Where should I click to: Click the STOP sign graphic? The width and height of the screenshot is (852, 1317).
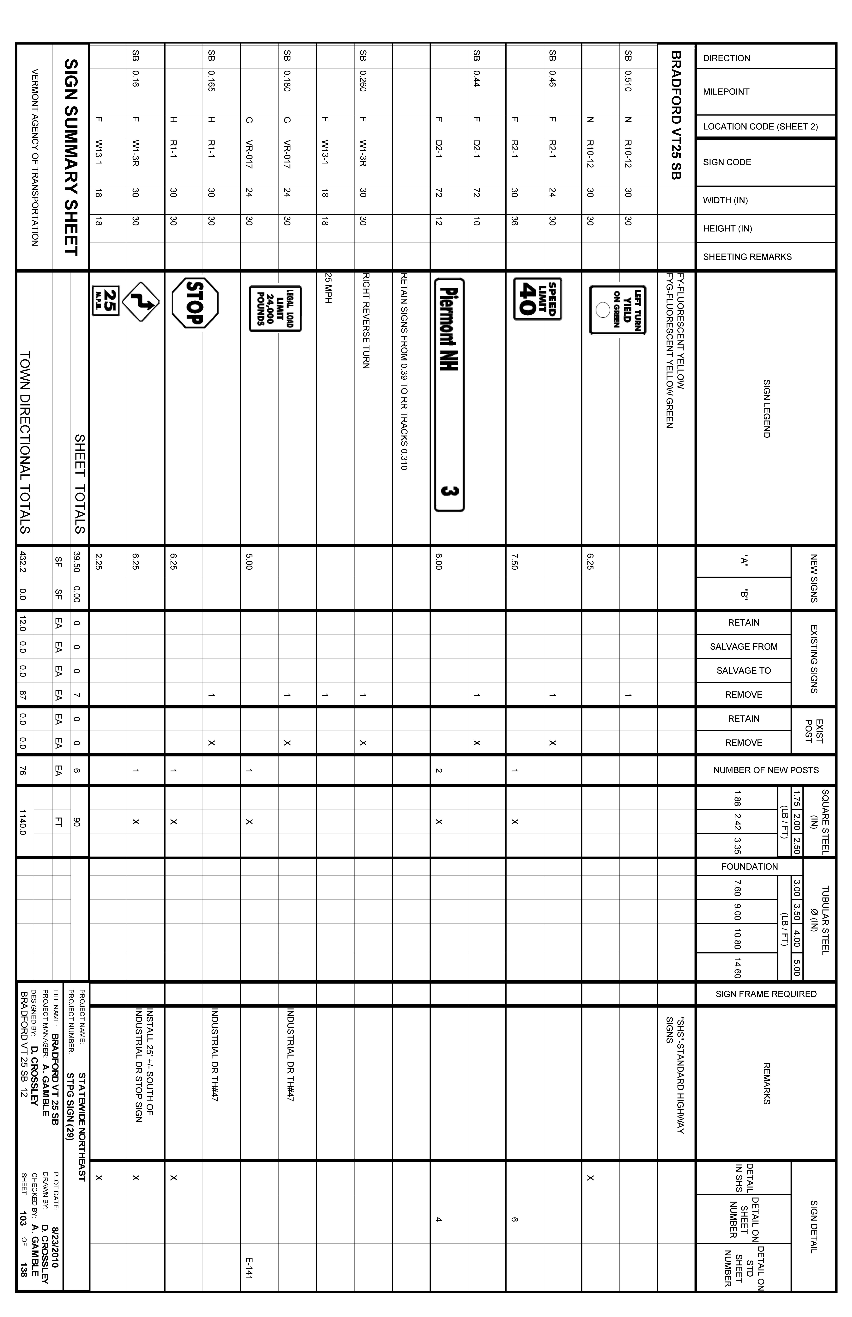tap(195, 303)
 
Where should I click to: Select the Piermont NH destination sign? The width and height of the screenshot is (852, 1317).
tap(449, 395)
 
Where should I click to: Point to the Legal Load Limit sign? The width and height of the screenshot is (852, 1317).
tap(275, 308)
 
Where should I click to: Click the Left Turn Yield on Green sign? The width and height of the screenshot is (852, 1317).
tap(618, 310)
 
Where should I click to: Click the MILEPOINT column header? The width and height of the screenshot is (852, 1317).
tap(726, 92)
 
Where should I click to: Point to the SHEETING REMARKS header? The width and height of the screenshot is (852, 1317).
tap(747, 257)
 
